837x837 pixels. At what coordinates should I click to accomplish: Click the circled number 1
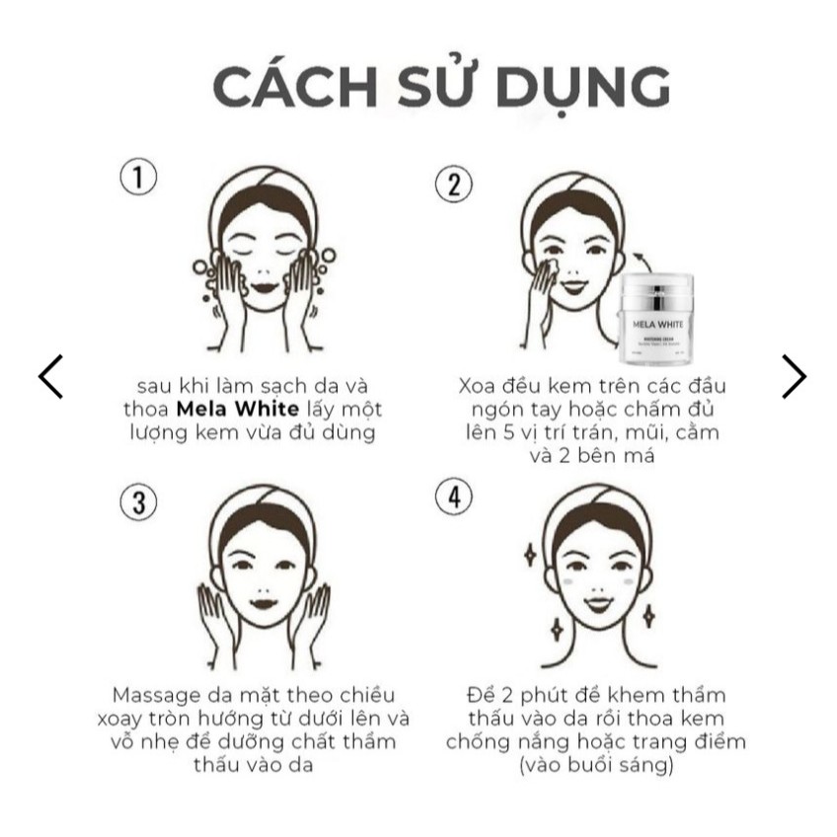pos(139,178)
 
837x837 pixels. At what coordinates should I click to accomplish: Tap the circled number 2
pos(454,185)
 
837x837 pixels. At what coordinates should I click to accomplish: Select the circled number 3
pos(139,501)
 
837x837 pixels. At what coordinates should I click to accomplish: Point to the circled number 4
pos(454,498)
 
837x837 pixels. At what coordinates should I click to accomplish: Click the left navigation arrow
pos(50,376)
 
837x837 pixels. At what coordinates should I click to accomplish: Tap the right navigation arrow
pos(794,376)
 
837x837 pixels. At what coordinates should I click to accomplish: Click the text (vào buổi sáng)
pos(595,765)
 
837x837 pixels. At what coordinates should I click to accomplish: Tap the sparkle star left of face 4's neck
pos(557,627)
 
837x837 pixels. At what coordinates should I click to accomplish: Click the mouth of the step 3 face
pos(262,601)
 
